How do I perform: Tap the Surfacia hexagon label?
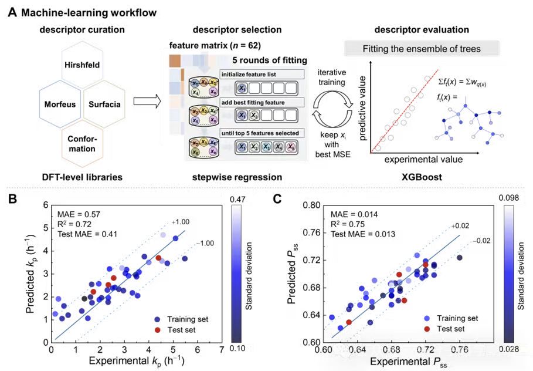pos(105,104)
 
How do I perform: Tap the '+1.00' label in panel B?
pos(179,222)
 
